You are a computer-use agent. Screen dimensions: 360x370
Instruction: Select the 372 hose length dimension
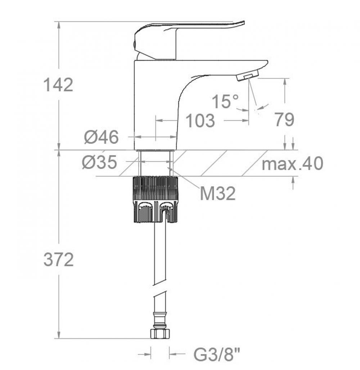coord(59,260)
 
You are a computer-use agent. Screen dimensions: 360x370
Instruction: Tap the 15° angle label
coord(225,101)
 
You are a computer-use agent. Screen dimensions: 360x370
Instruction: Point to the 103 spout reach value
coord(201,120)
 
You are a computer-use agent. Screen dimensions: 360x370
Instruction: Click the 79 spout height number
coord(284,119)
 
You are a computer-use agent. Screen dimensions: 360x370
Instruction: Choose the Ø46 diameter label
coord(101,137)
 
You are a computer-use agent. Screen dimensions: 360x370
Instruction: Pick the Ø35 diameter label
coord(100,162)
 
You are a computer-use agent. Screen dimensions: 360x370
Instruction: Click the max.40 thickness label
coord(292,163)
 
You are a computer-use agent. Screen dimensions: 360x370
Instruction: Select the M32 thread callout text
coord(218,193)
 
